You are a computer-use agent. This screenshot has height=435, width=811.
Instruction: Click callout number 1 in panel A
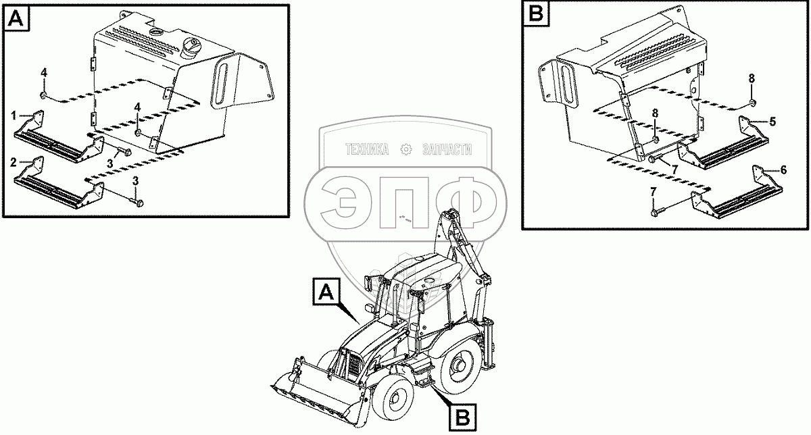14,116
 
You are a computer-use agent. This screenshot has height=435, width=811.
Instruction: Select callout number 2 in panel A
14,163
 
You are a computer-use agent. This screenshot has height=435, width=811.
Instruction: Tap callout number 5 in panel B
772,122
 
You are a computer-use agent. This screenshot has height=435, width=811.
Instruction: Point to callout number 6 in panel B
783,170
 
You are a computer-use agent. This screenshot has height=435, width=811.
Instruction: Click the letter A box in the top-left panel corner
16,18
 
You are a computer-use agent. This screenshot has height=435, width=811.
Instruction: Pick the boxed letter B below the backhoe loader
462,418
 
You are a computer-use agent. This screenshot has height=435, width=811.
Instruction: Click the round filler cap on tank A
191,47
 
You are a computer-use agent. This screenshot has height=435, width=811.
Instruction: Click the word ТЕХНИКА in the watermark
367,149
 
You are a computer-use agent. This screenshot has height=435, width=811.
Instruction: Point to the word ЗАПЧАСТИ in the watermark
447,149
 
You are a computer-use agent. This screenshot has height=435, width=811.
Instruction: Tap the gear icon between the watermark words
406,149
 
